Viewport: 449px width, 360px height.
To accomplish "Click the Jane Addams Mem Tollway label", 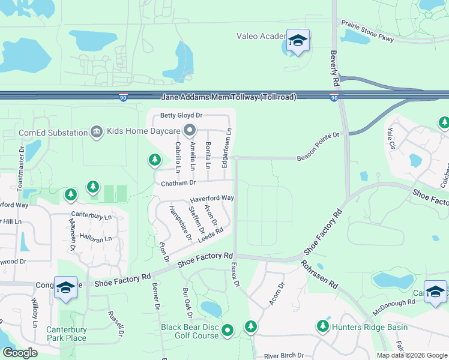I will [x=229, y=97].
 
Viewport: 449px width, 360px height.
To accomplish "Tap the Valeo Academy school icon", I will [x=298, y=41].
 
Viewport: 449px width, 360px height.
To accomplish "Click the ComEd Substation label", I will [x=53, y=131].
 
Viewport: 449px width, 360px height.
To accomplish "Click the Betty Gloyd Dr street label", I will [x=181, y=116].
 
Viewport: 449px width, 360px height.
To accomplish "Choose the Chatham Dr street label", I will [x=178, y=182].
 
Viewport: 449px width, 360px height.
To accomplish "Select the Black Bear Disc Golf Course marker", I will [x=228, y=330].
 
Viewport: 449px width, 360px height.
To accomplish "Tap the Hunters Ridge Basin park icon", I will [x=323, y=326].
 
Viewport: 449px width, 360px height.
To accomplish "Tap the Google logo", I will [x=20, y=353].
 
